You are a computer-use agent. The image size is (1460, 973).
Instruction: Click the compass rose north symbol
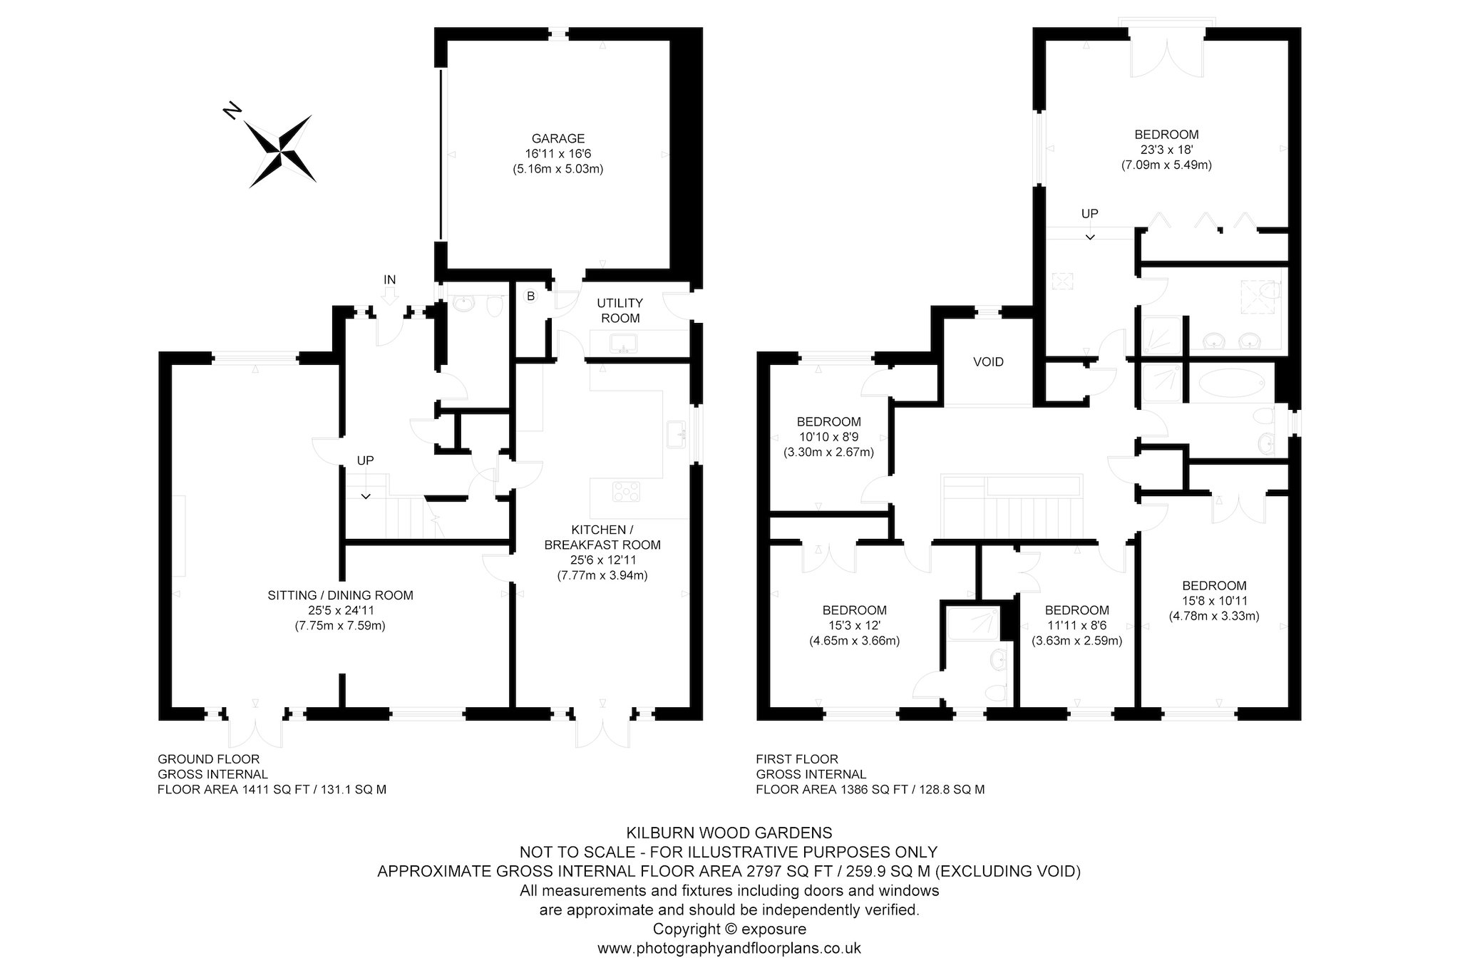[x=279, y=150]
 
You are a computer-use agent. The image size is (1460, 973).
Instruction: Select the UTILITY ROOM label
[x=620, y=311]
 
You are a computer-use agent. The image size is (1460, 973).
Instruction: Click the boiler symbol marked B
[x=530, y=296]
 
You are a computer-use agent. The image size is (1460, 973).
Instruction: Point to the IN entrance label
[x=389, y=279]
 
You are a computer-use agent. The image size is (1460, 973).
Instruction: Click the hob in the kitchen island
[x=627, y=491]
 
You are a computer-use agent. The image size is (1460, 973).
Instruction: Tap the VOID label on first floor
[x=988, y=362]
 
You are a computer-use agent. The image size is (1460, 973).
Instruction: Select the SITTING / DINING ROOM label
[x=340, y=595]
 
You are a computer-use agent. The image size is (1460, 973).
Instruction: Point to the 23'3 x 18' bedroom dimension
[x=1166, y=150]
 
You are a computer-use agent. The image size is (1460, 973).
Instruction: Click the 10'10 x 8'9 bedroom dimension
[x=828, y=437]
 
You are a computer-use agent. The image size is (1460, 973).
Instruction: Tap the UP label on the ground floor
[x=365, y=460]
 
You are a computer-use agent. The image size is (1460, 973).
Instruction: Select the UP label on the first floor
[x=1089, y=213]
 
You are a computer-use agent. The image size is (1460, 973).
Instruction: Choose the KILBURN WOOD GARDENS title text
[x=729, y=832]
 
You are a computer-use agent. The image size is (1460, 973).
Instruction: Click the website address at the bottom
[x=729, y=948]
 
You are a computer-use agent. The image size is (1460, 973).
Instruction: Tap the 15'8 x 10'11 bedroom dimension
[x=1214, y=601]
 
